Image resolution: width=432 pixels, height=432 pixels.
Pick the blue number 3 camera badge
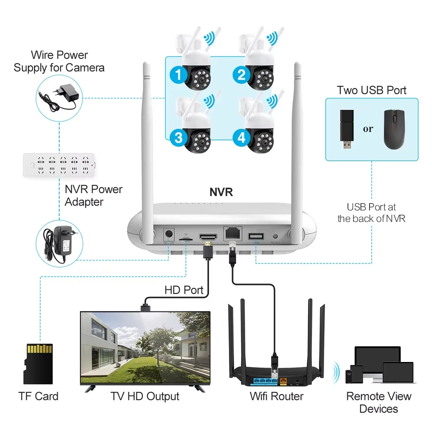click(x=178, y=139)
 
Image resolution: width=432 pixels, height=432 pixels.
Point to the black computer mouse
click(x=394, y=129)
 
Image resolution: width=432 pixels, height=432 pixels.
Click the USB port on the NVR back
click(x=256, y=236)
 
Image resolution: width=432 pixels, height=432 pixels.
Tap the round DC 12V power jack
click(x=169, y=235)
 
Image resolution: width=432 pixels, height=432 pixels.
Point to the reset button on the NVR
click(x=276, y=236)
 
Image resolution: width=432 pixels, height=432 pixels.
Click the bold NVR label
click(x=221, y=192)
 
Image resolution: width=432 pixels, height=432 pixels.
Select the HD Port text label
click(x=184, y=290)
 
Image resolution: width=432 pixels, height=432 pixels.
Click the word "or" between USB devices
click(x=368, y=129)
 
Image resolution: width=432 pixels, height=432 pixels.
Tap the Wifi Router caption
click(x=276, y=396)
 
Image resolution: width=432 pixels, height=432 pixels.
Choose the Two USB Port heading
click(x=372, y=90)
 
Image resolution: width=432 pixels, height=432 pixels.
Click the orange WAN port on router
click(x=283, y=381)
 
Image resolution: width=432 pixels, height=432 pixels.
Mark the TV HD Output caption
click(x=145, y=396)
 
